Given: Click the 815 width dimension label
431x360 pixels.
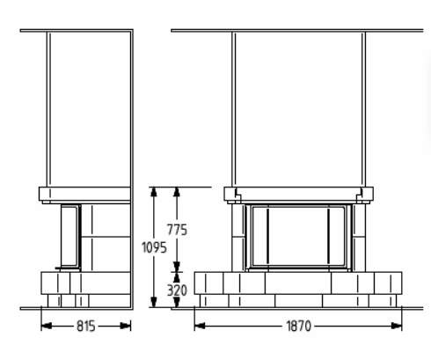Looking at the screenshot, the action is [x=86, y=326].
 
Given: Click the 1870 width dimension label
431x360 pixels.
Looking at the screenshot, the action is [x=298, y=326].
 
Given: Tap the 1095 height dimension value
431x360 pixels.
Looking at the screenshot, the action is [x=154, y=247].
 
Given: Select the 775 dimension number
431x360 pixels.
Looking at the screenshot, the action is [x=177, y=230].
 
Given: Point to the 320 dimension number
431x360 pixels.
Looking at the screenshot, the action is [x=177, y=290].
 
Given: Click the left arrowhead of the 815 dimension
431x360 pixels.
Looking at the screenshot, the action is [x=47, y=326].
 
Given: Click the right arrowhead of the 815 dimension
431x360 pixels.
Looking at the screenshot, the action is [x=126, y=326].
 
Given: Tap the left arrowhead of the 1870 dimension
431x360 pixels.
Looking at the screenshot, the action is [x=200, y=326].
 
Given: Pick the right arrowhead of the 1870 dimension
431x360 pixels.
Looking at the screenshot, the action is [x=397, y=326].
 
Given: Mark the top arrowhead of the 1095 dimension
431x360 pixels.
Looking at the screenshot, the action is [x=154, y=192].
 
